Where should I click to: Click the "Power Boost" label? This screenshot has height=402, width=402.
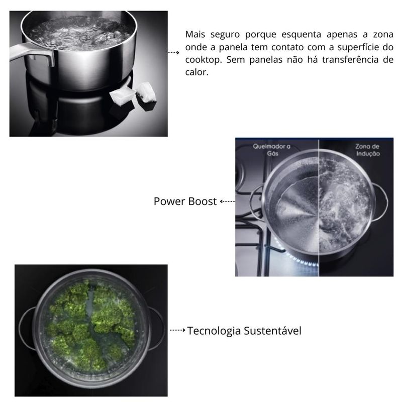click(x=185, y=202)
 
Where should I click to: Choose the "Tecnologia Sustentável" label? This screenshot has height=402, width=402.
click(x=244, y=331)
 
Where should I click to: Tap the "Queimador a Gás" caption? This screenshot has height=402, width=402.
click(x=272, y=150)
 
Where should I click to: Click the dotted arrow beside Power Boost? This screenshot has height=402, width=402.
click(x=228, y=202)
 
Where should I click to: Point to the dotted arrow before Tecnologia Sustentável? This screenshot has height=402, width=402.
click(x=178, y=331)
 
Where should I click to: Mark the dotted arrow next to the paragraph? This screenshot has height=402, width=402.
click(x=173, y=52)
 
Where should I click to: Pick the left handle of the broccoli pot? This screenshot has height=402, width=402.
click(x=26, y=329)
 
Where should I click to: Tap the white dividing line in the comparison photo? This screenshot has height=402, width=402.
click(x=319, y=211)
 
